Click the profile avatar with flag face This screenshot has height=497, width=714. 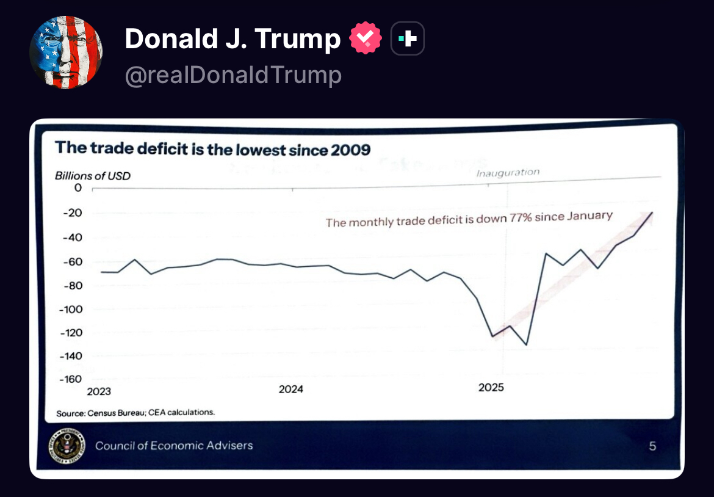pyautogui.click(x=66, y=53)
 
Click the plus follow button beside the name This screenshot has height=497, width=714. pyautogui.click(x=407, y=40)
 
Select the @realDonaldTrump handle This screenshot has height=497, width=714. pyautogui.click(x=233, y=75)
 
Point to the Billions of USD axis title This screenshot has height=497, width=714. pyautogui.click(x=93, y=176)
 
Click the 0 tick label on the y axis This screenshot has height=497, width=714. pyautogui.click(x=78, y=188)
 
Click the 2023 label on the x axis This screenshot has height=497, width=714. pyautogui.click(x=99, y=391)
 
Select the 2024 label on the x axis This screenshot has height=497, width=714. pyautogui.click(x=291, y=390)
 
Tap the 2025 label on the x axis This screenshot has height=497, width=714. pyautogui.click(x=491, y=388)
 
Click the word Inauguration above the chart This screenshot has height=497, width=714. pyautogui.click(x=508, y=173)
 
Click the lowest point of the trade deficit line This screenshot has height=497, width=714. pyautogui.click(x=526, y=345)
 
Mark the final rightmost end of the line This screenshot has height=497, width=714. pyautogui.click(x=652, y=212)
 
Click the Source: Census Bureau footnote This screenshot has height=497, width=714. pyautogui.click(x=135, y=413)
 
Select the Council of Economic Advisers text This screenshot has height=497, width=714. pyautogui.click(x=174, y=445)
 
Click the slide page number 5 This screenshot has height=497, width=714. pyautogui.click(x=652, y=446)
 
